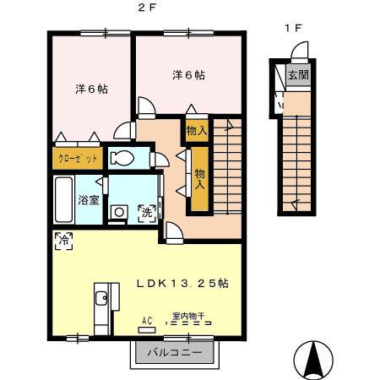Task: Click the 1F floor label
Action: pyautogui.click(x=292, y=28)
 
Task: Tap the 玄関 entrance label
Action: pyautogui.click(x=298, y=75)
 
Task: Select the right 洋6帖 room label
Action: pyautogui.click(x=188, y=75)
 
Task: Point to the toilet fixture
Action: pyautogui.click(x=123, y=158)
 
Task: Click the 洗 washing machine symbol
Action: pyautogui.click(x=148, y=210)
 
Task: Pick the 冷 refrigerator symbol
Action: pyautogui.click(x=63, y=240)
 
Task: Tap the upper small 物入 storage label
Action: pyautogui.click(x=196, y=131)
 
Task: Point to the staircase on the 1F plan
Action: pyautogui.click(x=298, y=152)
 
